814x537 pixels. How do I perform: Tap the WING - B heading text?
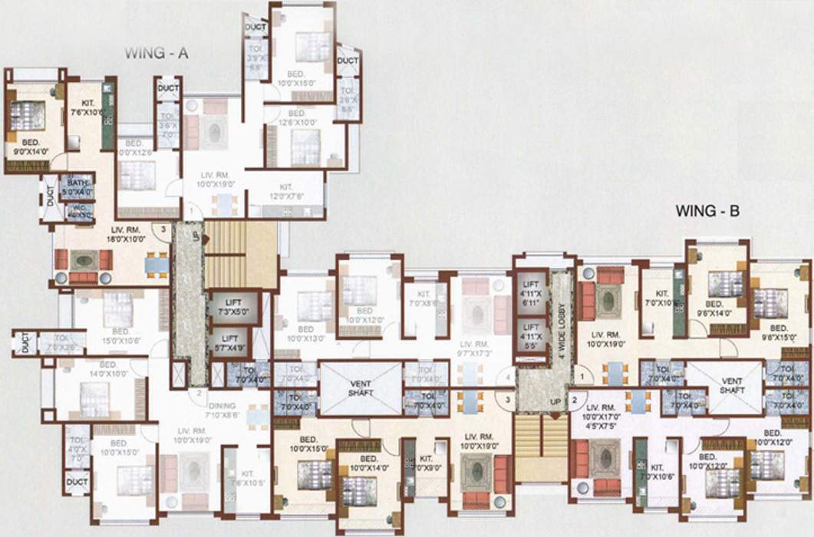point(707,211)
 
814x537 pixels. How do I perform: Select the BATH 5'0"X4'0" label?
point(78,186)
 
